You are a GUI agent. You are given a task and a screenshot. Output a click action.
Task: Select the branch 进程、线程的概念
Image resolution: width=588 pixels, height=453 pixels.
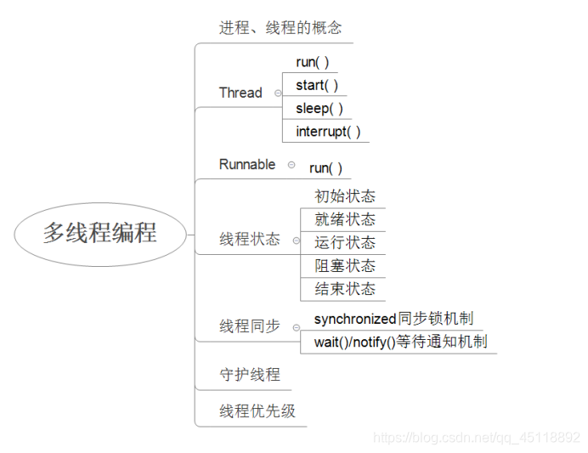coord(280,27)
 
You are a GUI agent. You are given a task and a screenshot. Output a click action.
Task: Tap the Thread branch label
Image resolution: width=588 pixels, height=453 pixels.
coord(240,93)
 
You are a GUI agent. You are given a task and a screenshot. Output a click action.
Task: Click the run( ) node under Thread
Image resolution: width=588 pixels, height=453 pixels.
coord(312,62)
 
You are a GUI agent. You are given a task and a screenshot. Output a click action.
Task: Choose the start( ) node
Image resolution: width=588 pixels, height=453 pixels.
coord(316,85)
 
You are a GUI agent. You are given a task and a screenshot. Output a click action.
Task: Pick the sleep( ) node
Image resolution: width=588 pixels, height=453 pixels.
coord(319,108)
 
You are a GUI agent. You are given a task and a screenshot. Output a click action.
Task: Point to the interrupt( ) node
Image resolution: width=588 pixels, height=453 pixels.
coord(328,131)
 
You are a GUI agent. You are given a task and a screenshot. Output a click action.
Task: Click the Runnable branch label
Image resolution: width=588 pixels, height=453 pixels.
coord(247,164)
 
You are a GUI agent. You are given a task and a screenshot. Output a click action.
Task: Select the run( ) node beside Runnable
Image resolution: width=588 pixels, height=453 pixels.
coord(325,168)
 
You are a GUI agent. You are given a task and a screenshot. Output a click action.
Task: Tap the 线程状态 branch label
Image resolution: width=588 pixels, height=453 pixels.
coord(250,240)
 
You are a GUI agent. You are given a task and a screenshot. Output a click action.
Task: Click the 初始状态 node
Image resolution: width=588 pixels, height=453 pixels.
coord(345,196)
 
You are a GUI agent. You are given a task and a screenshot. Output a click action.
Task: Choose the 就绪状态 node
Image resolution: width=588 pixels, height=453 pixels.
coord(345,219)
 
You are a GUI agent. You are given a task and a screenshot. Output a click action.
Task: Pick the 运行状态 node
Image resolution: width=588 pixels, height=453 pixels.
coord(345,243)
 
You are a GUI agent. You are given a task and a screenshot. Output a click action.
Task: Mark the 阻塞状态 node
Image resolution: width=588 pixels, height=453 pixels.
coord(345,266)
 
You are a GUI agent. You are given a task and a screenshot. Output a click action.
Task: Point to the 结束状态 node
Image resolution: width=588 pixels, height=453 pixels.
coord(345,289)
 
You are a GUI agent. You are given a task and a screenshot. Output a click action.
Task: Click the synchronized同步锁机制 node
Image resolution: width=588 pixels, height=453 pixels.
coord(393,319)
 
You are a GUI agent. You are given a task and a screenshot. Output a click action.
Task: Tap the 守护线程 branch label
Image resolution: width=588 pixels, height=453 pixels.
coord(250,374)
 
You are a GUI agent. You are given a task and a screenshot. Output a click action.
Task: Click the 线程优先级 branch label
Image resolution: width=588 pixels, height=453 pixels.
coord(257,411)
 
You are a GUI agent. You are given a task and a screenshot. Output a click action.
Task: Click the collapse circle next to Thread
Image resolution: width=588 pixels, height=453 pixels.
coord(278,93)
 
